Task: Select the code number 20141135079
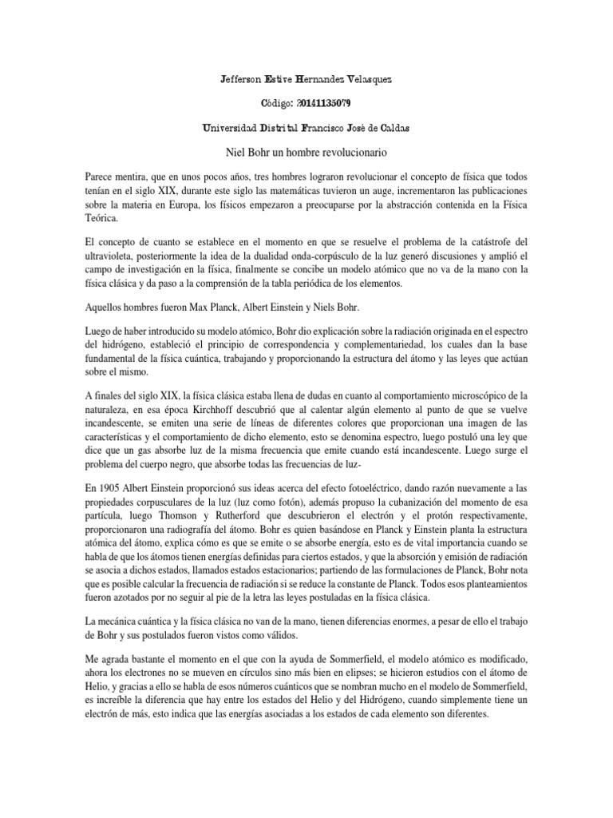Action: pyautogui.click(x=324, y=104)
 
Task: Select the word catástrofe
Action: pyautogui.click(x=479, y=240)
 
